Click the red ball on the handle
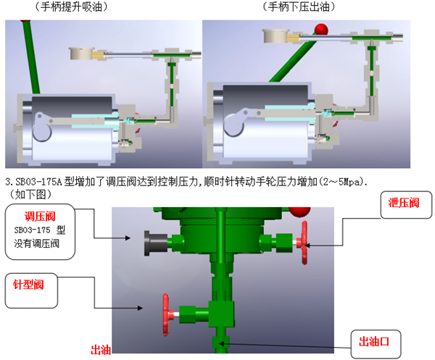(320, 29)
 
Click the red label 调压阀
(40, 217)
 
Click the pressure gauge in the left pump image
(80, 53)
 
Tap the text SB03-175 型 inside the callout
(40, 230)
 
